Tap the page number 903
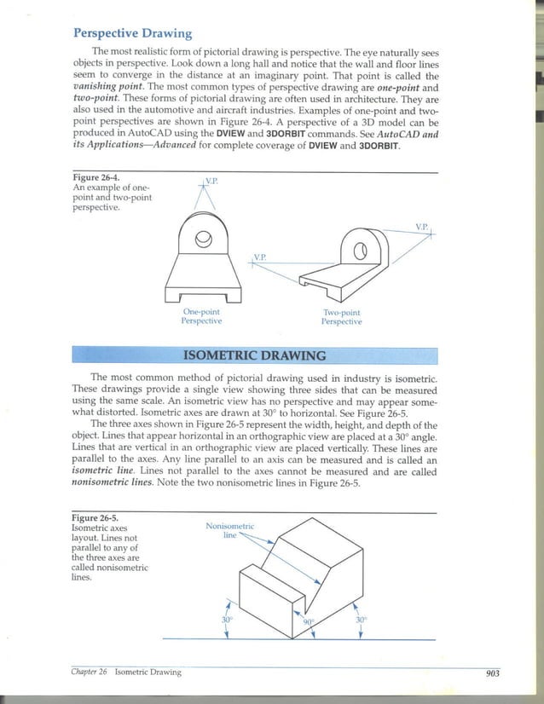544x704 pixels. click(x=491, y=672)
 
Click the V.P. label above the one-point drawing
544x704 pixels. click(x=211, y=181)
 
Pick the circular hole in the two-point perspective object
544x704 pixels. click(x=360, y=251)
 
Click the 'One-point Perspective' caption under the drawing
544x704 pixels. click(x=202, y=317)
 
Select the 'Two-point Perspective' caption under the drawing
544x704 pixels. click(x=341, y=317)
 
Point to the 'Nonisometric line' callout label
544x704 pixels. click(x=230, y=531)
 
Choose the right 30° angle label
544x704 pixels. click(x=362, y=620)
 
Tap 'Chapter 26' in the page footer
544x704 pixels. click(x=89, y=672)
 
